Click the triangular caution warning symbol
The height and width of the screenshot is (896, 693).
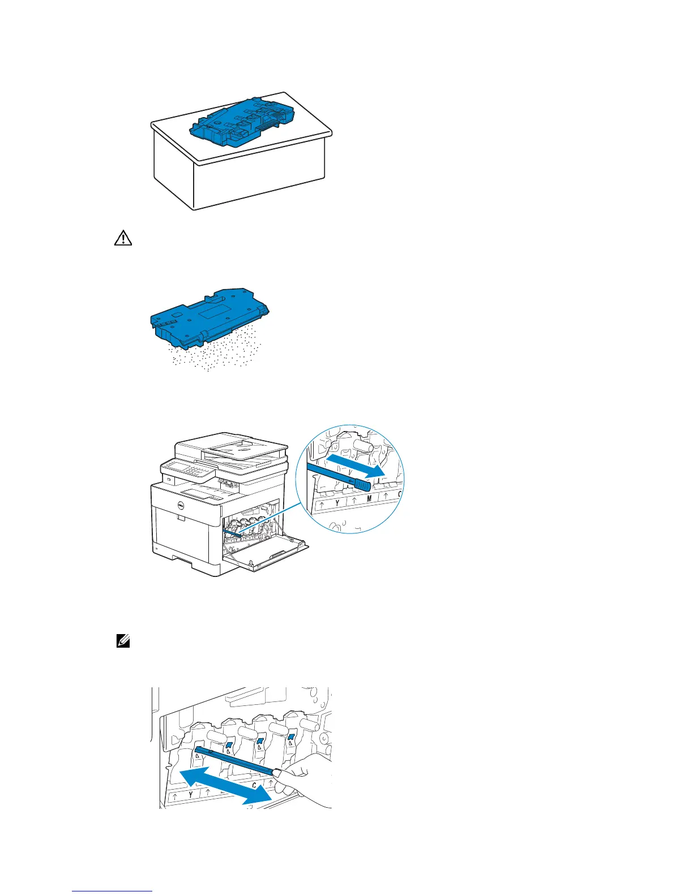tap(123, 239)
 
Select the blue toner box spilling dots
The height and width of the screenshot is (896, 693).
tap(209, 317)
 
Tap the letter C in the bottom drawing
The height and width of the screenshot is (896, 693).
tap(254, 786)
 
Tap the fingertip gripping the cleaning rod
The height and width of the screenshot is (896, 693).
tap(283, 773)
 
